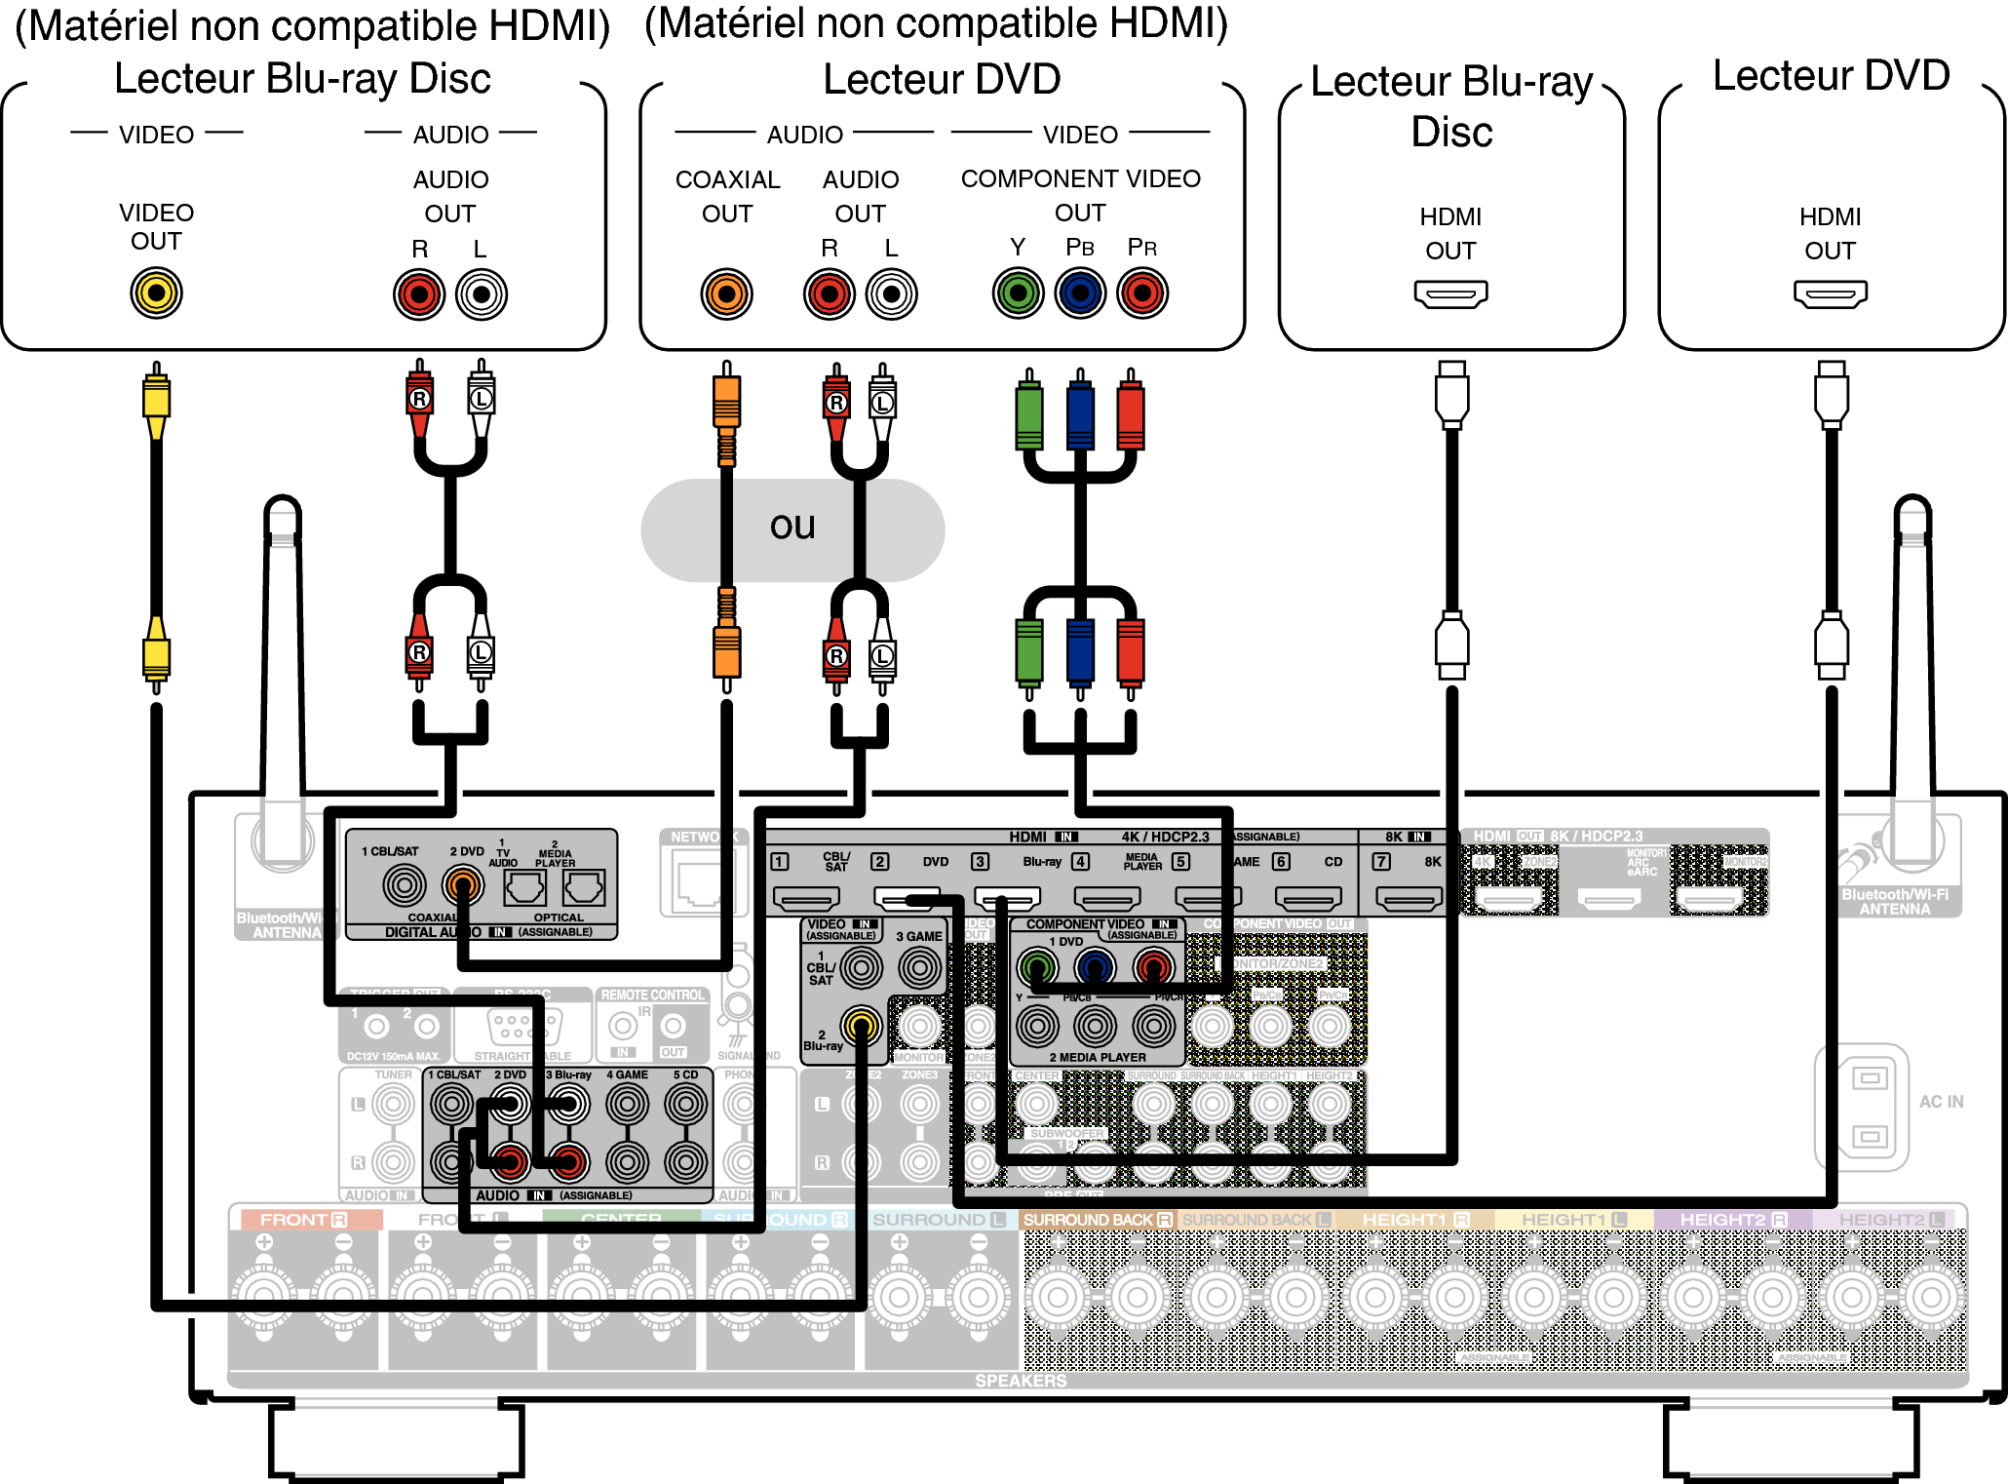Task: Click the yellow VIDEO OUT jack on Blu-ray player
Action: click(156, 293)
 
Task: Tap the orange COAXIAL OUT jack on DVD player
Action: click(726, 293)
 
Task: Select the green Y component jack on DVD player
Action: click(1018, 293)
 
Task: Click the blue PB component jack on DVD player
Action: click(1080, 293)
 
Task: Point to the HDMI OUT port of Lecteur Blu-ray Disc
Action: click(1450, 293)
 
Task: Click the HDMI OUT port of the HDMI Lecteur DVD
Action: click(1830, 293)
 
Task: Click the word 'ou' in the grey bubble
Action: click(792, 527)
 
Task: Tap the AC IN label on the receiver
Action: click(1941, 1102)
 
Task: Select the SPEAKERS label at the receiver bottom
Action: click(1021, 1381)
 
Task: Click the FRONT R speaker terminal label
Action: click(303, 1220)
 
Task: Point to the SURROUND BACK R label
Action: click(1097, 1220)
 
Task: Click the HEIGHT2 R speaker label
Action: click(1732, 1220)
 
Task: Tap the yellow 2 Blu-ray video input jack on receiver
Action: click(861, 1025)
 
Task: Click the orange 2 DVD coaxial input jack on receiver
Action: click(463, 885)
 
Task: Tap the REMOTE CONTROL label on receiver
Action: click(652, 995)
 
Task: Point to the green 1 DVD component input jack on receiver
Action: click(1037, 967)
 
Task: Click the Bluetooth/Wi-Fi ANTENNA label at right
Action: click(1894, 902)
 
